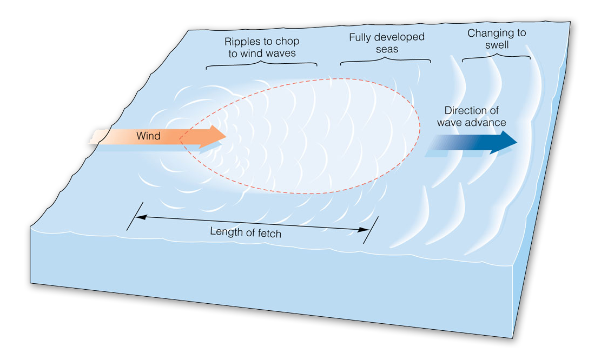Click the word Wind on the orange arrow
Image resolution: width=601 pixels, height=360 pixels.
click(148, 136)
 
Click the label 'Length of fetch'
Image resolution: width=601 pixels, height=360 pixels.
click(246, 233)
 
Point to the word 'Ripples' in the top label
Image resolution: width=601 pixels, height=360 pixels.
click(241, 42)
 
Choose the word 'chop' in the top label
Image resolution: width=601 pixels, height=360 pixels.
click(288, 42)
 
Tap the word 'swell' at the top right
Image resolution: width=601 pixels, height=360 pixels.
click(496, 45)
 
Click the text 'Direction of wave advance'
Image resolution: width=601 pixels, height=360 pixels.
click(471, 116)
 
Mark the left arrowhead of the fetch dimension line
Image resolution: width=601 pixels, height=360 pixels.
click(138, 217)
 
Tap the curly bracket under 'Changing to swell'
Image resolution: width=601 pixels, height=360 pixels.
click(496, 56)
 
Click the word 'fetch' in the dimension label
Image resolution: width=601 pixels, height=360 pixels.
click(269, 234)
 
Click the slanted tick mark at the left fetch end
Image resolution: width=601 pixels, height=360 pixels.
click(135, 216)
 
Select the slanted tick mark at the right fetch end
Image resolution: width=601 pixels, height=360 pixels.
click(371, 230)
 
